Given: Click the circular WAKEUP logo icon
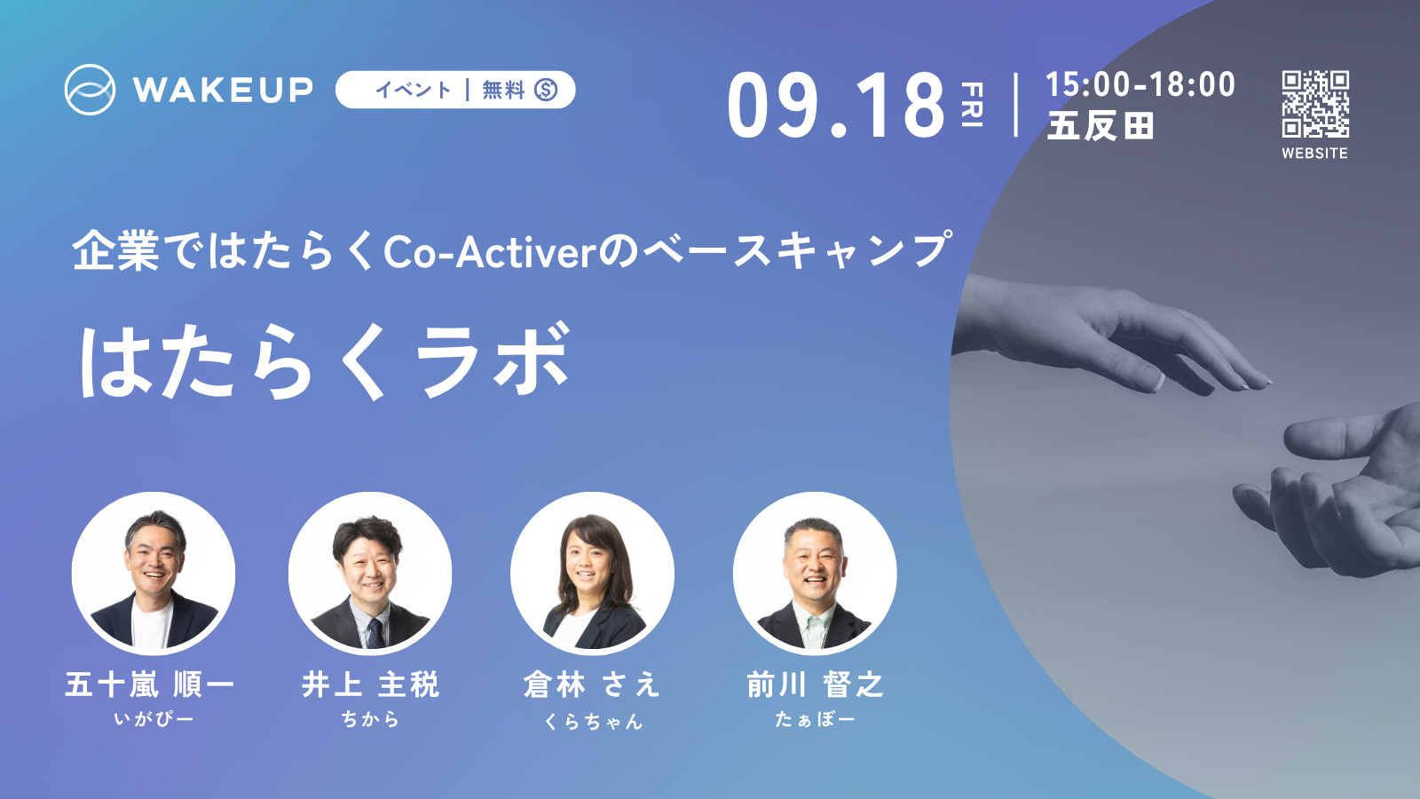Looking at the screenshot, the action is tap(90, 90).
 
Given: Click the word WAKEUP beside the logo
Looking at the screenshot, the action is tap(223, 90).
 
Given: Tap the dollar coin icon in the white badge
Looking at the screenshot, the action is tap(546, 90).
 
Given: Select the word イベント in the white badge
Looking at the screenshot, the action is tap(414, 90).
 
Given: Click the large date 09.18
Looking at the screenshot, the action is tap(836, 105).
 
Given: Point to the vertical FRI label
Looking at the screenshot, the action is tap(973, 104).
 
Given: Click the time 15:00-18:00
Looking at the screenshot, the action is tap(1140, 84).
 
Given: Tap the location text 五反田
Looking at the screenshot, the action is tap(1100, 125).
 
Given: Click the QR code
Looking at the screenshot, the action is tap(1315, 104).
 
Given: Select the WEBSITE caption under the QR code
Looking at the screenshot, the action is tap(1314, 153).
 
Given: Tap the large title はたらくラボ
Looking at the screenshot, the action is tap(324, 360).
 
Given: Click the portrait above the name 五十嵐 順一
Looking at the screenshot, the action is tap(154, 574).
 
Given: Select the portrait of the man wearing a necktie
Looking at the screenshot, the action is tap(370, 574).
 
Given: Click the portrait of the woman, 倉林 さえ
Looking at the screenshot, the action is tap(592, 574).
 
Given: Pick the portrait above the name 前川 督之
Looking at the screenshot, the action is tap(815, 574).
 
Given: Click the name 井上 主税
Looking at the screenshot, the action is tap(370, 684).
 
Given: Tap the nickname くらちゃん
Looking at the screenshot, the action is tap(594, 721).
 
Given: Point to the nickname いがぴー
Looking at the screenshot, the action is tap(154, 719).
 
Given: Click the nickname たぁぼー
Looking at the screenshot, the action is tap(816, 719).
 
